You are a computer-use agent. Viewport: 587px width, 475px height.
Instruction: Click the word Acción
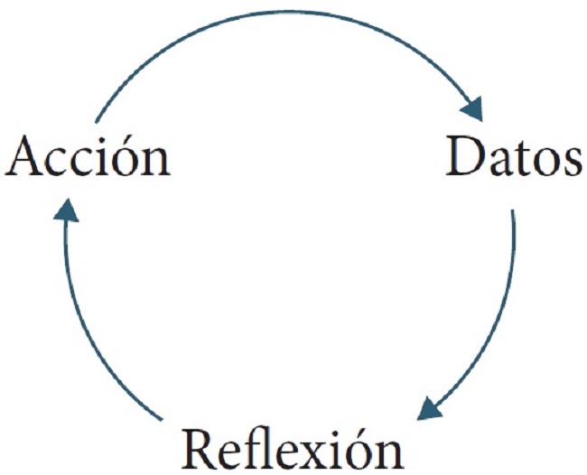coord(89,155)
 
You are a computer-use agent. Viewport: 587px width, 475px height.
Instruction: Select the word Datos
coord(514,155)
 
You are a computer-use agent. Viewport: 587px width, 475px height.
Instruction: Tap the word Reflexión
coord(293,448)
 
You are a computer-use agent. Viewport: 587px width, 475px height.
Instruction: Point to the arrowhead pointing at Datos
coord(472,108)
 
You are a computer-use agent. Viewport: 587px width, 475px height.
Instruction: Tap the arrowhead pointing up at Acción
coord(66,210)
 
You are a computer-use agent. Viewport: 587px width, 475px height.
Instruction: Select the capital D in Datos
coord(464,155)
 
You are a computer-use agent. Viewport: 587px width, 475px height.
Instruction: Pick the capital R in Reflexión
coord(201,448)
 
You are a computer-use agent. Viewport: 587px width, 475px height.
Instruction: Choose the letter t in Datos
coord(521,159)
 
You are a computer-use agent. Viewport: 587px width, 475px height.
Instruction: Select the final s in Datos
coord(572,162)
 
